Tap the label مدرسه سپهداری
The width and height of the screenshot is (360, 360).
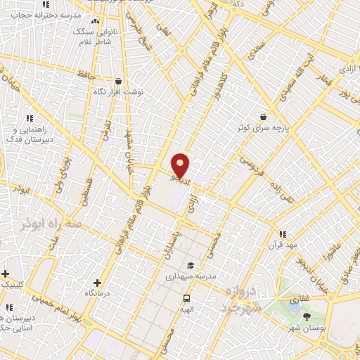click(x=189, y=276)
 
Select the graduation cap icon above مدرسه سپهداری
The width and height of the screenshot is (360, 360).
click(x=190, y=265)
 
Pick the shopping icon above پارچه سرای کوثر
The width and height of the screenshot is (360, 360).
click(x=263, y=117)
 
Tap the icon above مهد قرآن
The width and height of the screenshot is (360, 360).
click(x=282, y=234)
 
